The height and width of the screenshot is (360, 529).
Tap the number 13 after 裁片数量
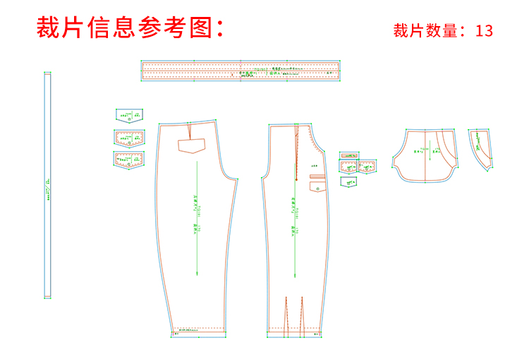click(484, 31)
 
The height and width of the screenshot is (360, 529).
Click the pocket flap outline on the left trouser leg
click(190, 146)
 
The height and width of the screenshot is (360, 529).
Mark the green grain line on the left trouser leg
click(197, 212)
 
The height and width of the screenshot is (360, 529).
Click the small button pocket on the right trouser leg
click(316, 187)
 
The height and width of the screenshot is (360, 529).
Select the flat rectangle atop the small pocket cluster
click(350, 155)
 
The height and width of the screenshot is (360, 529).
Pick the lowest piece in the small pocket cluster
click(348, 181)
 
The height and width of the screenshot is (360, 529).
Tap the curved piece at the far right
click(481, 148)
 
